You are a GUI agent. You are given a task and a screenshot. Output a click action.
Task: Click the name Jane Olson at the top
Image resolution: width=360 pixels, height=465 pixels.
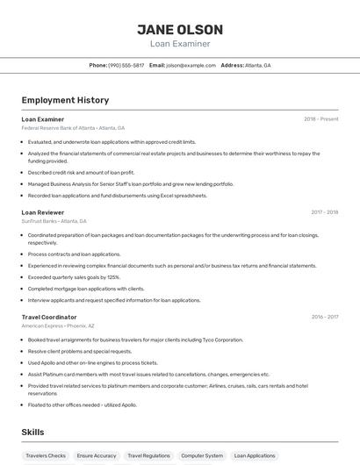click(180, 30)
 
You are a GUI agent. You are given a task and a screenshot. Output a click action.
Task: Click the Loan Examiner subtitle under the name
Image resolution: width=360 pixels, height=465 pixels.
click(180, 44)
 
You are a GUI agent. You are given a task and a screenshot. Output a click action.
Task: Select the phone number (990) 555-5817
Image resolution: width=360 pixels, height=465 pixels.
click(126, 65)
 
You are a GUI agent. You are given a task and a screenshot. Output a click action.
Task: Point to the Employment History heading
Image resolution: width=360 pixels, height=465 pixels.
click(65, 100)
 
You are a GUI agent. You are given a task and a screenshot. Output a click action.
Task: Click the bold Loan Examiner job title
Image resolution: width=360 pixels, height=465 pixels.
click(43, 119)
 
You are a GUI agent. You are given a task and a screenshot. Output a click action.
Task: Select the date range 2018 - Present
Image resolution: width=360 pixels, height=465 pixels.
click(320, 119)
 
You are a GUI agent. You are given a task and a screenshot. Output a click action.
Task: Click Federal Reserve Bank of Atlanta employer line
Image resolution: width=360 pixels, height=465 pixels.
click(73, 128)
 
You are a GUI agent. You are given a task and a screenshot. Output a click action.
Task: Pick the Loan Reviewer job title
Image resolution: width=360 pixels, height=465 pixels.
click(43, 212)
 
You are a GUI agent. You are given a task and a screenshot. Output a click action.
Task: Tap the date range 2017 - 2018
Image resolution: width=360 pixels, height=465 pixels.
click(324, 212)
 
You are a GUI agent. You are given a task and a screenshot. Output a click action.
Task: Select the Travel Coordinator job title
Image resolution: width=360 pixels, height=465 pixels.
click(49, 317)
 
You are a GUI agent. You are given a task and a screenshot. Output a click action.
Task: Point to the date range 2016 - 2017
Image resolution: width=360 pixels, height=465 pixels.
click(324, 317)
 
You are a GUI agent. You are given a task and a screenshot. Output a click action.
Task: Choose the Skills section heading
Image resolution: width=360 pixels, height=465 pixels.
click(33, 433)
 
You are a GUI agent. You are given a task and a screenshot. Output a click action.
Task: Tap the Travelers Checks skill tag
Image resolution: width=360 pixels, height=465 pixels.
click(46, 456)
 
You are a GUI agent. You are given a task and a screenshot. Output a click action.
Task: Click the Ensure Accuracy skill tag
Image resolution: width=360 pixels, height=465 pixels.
click(97, 456)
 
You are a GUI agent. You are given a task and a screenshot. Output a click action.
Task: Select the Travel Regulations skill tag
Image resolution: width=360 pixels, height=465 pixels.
click(148, 456)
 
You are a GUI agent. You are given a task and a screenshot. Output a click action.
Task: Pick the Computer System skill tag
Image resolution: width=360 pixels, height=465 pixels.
click(202, 456)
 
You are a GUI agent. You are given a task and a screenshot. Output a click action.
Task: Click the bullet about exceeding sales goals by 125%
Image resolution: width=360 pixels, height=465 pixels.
click(74, 276)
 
